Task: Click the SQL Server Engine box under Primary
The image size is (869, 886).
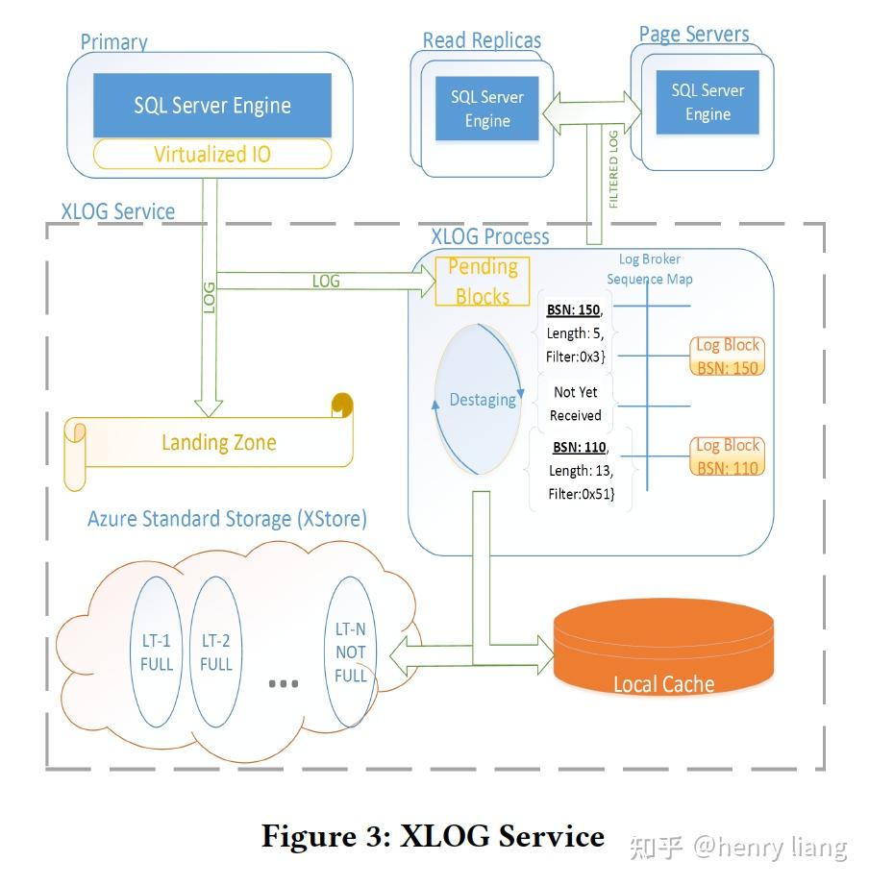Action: pos(211,105)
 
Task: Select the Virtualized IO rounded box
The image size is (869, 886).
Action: pos(211,154)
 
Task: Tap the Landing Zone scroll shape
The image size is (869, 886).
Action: pos(218,442)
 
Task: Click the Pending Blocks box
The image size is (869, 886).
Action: pos(483,281)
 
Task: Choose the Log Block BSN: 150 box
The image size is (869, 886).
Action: pos(728,356)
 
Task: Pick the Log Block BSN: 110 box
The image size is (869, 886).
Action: pos(728,456)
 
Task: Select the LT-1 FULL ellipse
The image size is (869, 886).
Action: pos(157,652)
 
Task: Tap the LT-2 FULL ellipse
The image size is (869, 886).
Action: pos(216,652)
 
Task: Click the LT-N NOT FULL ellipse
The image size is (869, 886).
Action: pos(350,652)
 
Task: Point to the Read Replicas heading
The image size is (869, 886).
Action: pos(482,40)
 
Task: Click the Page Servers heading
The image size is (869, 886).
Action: pos(694,35)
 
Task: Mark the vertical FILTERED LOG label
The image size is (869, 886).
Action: pos(614,169)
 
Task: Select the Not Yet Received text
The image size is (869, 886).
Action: pos(576,404)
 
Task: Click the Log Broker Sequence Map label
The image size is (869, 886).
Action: pos(650,269)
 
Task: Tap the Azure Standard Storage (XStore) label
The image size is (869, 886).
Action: pos(227,519)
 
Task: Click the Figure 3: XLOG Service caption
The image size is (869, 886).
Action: pos(433,836)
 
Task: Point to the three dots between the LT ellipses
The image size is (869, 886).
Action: pos(284,683)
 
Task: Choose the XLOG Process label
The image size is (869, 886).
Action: pos(490,236)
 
